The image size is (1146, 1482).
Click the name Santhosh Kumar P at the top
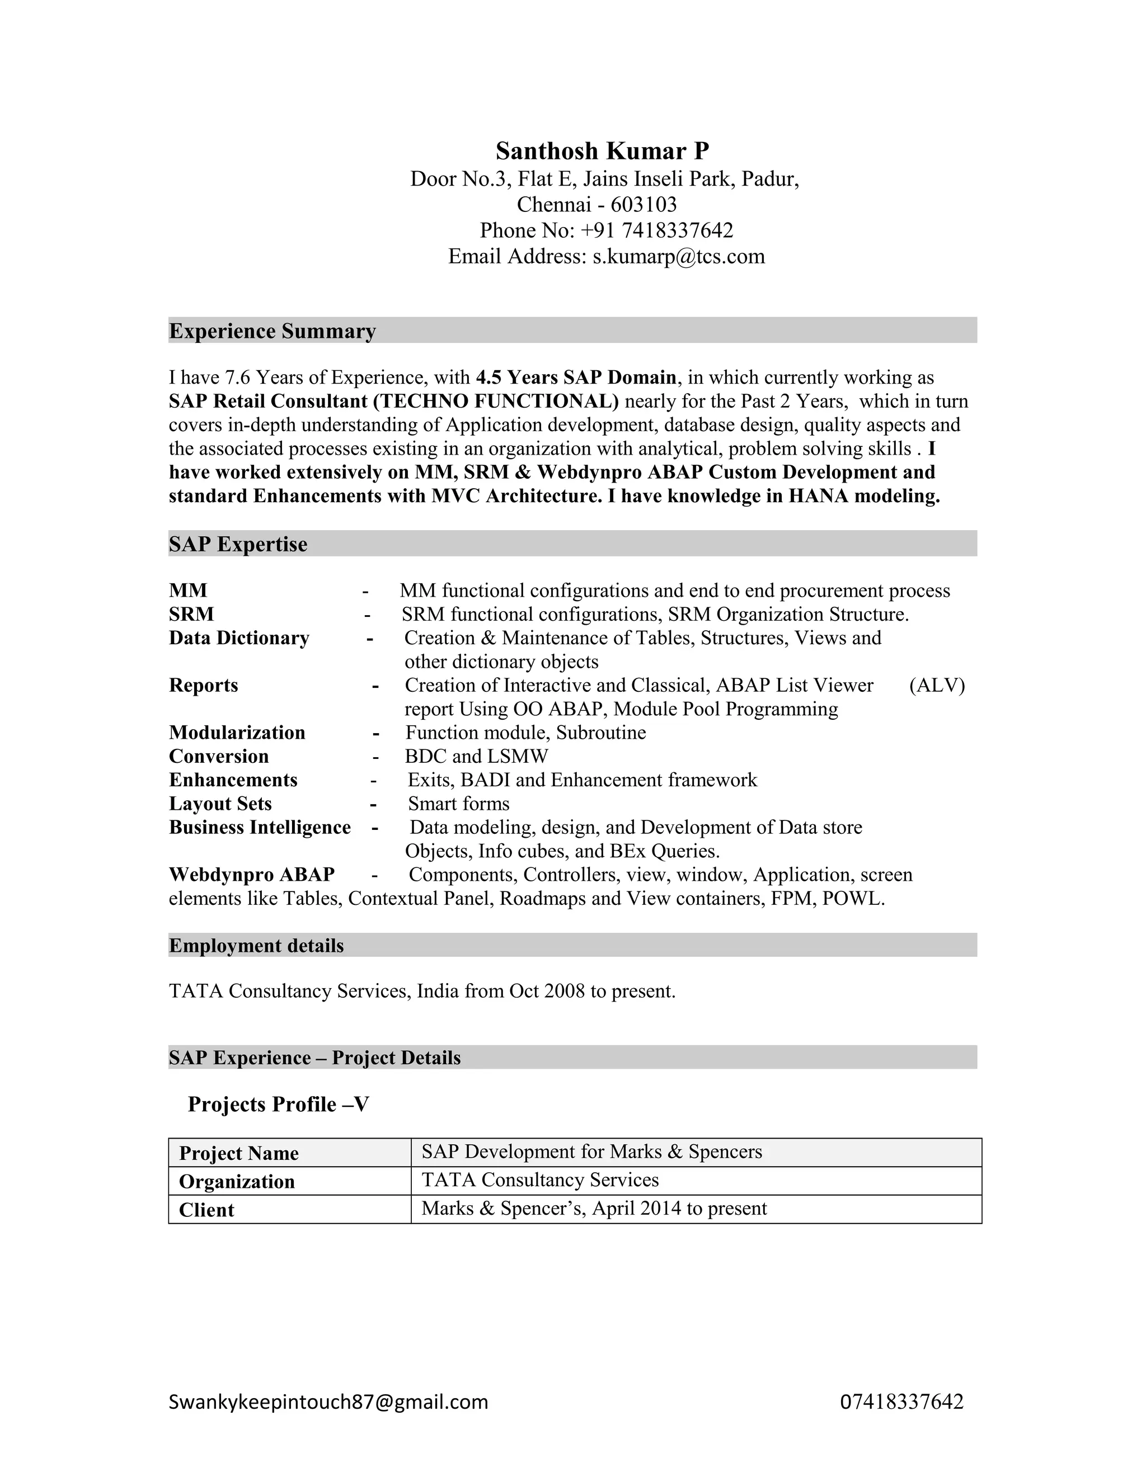click(x=602, y=150)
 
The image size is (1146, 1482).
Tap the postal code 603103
click(x=644, y=204)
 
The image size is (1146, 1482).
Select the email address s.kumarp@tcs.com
click(x=678, y=257)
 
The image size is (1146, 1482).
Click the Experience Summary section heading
click(x=273, y=331)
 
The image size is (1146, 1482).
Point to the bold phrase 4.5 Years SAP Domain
click(x=576, y=377)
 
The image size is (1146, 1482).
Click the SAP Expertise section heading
click(x=238, y=544)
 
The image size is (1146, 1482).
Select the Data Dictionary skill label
click(x=239, y=638)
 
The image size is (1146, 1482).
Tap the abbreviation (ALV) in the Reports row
click(x=936, y=686)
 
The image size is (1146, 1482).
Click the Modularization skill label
click(x=237, y=733)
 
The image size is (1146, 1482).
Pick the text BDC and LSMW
click(x=476, y=756)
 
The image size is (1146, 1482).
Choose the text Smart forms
click(x=458, y=804)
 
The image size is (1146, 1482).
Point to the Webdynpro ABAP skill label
click(x=252, y=875)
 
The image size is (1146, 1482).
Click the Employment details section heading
click(x=256, y=946)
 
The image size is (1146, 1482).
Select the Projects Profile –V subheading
click(x=278, y=1104)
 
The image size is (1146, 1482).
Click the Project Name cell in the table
click(x=239, y=1154)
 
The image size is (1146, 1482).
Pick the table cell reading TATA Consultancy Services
click(x=540, y=1180)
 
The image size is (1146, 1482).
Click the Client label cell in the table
click(x=206, y=1210)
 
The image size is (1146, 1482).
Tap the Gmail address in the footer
click(x=328, y=1402)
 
